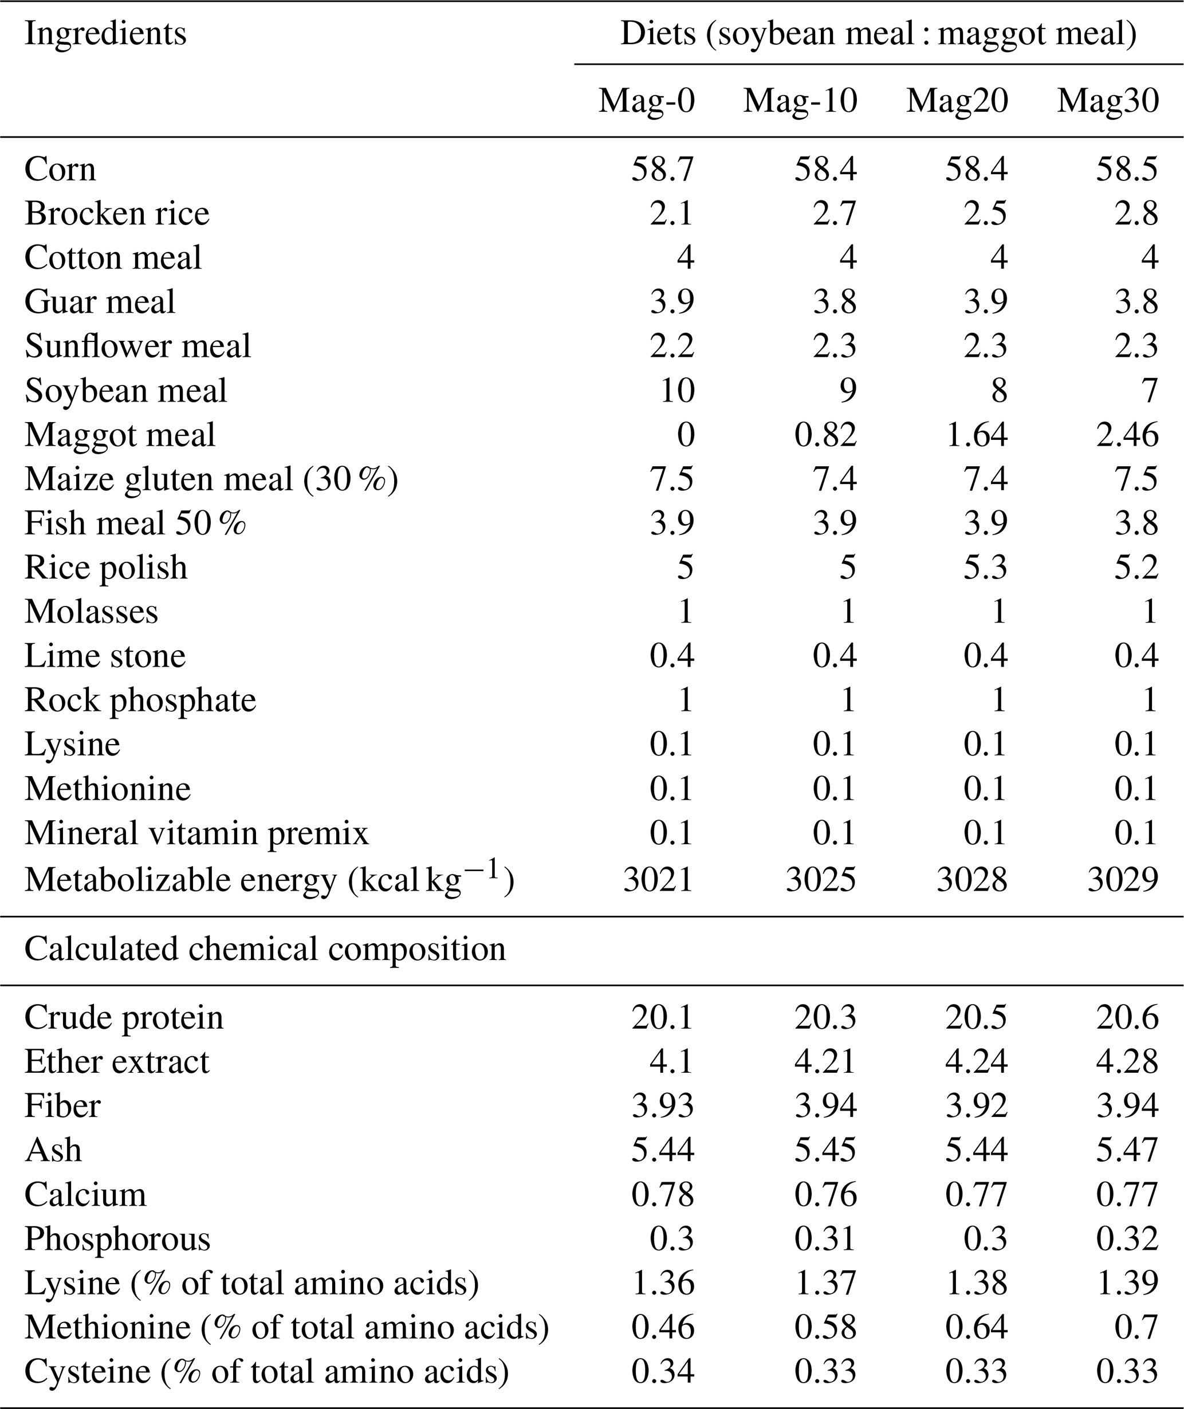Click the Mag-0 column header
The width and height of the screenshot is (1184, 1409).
pos(646,101)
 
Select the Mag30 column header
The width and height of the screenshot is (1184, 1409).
pos(1108,101)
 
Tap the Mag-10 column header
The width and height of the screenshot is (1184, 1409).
pos(800,101)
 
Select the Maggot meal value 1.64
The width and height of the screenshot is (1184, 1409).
pos(976,435)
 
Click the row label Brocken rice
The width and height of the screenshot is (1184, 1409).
pos(117,214)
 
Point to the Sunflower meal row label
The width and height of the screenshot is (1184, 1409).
pos(137,347)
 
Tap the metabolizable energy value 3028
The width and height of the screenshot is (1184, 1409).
pos(972,879)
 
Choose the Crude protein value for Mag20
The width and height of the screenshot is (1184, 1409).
pos(976,1018)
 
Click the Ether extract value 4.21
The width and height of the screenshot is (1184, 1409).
pos(825,1062)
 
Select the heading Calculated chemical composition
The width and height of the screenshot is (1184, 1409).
pos(265,949)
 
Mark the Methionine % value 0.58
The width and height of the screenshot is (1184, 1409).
pos(825,1328)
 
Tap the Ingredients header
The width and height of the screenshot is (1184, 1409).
pos(105,34)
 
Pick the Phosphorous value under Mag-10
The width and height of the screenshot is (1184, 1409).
pos(825,1239)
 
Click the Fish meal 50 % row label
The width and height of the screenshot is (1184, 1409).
pos(135,524)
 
